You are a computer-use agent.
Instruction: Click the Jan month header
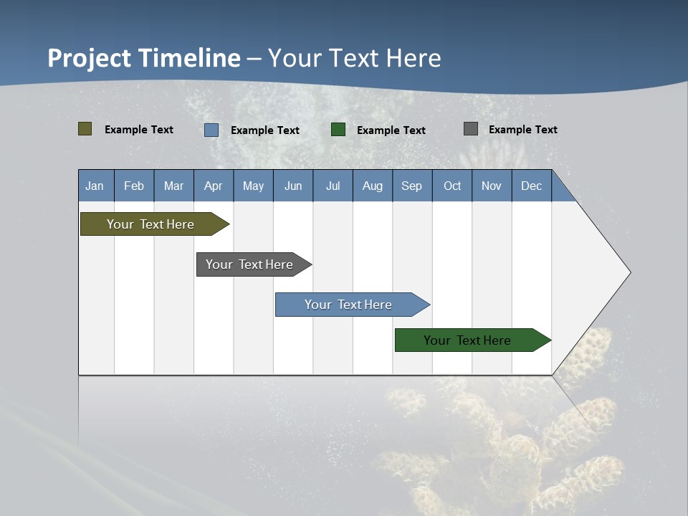coord(95,186)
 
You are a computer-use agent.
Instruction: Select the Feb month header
coord(134,186)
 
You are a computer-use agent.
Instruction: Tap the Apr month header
coord(213,186)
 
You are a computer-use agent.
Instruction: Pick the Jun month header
coord(293,186)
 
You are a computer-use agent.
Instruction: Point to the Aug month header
coord(372,186)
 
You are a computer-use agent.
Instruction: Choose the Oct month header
coord(452,186)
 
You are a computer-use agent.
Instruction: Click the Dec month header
coord(531,186)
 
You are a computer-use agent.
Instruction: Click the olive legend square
coord(85,129)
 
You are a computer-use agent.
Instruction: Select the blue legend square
coord(211,130)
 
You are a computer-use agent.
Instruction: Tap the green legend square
coord(338,130)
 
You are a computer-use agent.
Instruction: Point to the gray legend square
coord(471,129)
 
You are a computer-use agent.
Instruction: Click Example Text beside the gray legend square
coord(522,130)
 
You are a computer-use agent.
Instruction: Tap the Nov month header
coord(492,186)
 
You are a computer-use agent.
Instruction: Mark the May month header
coord(253,186)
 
